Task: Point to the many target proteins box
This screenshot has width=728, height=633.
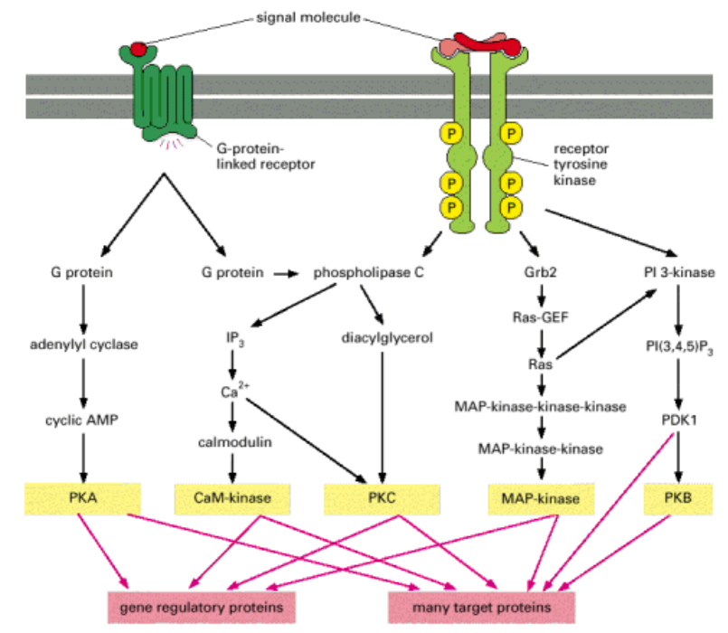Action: pos(482,605)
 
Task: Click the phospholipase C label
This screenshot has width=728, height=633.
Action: pos(369,271)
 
